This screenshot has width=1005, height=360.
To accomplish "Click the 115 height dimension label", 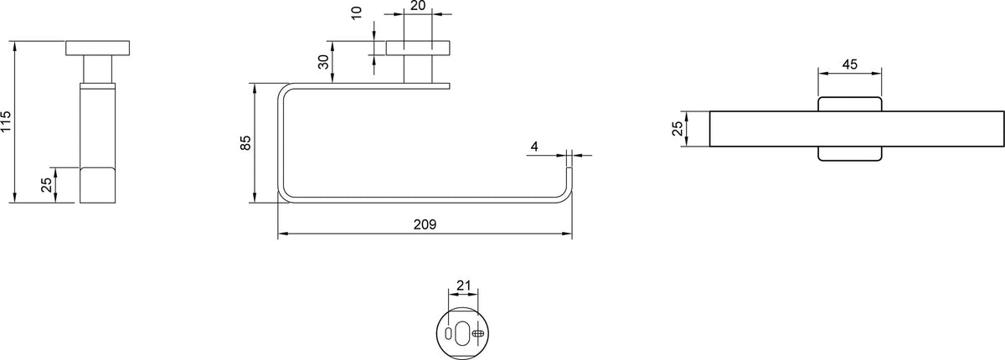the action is [6, 121].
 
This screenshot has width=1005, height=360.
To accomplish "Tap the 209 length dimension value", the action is [425, 224].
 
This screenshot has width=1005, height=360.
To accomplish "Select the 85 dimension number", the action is [245, 142].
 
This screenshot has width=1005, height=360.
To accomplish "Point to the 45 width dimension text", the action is [849, 64].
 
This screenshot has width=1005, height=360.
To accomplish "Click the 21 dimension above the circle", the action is [463, 285].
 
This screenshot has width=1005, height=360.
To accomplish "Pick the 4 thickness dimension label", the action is [534, 147].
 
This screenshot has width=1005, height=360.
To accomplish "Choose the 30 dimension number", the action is [323, 62].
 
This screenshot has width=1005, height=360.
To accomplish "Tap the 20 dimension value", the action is [418, 6].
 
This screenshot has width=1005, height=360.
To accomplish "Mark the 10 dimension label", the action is [357, 13].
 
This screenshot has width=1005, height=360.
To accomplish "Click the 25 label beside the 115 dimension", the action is [47, 185].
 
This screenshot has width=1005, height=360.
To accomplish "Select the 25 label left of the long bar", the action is [678, 129].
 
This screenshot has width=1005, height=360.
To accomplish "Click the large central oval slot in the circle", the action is [462, 332].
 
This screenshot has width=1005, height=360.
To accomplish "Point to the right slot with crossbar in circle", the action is [478, 332].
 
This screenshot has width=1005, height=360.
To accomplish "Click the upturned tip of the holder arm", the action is [569, 169].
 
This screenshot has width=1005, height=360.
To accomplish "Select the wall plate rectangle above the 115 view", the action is [98, 48].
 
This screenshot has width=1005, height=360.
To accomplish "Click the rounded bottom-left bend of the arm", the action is [283, 198].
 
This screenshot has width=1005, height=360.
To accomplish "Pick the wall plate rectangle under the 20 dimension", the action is [418, 48].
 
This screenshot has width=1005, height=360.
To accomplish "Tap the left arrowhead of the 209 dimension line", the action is [282, 234].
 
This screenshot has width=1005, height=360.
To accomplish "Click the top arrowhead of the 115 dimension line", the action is [15, 45].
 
